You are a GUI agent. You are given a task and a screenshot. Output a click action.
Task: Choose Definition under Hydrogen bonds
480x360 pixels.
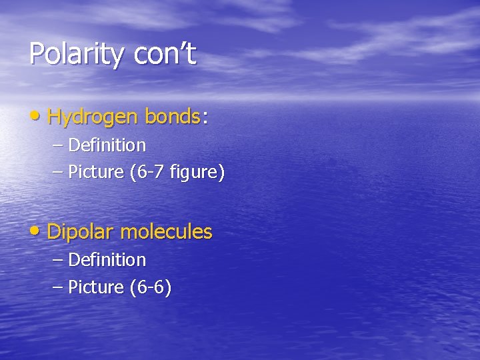[x=107, y=145]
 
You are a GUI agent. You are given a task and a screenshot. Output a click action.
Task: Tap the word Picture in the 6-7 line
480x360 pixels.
[x=96, y=173]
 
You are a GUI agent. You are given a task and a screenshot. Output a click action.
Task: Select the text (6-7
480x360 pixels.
[x=147, y=173]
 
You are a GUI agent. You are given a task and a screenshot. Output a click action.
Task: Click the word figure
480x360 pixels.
[x=197, y=173]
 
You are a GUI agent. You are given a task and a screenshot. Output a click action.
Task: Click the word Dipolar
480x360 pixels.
[x=81, y=233]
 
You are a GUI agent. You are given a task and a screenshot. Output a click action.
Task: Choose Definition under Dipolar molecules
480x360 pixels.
[x=107, y=259]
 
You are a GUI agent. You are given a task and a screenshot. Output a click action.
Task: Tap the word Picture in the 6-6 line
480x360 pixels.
[x=96, y=288]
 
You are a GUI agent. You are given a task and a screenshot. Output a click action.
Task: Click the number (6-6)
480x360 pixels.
[x=150, y=288]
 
